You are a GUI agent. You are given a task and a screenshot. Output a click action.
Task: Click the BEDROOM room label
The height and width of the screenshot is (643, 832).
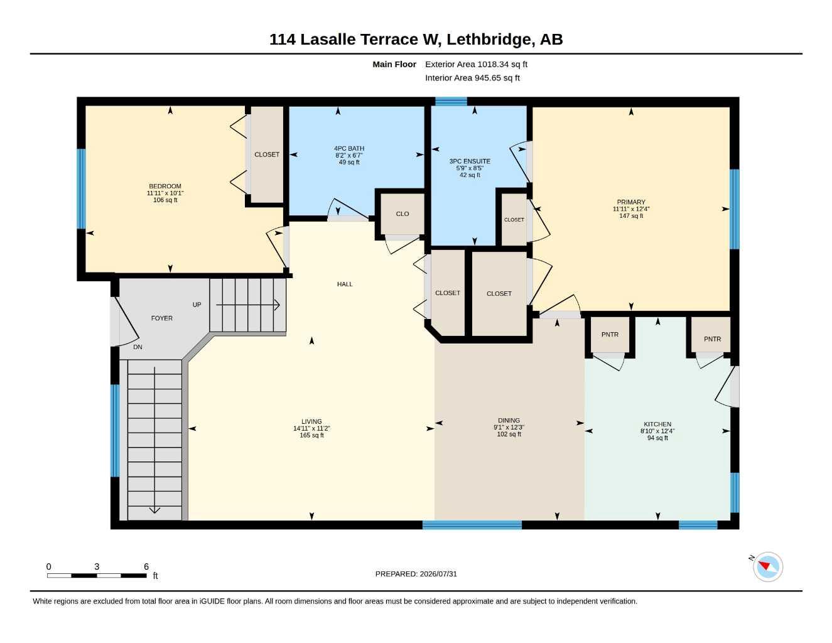(165, 186)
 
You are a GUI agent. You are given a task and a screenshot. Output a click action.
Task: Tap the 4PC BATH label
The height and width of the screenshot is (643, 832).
(348, 148)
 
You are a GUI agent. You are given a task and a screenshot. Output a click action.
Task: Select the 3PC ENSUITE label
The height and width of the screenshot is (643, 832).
(470, 161)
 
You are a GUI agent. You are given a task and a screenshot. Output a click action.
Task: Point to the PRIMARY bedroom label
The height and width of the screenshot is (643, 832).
(631, 202)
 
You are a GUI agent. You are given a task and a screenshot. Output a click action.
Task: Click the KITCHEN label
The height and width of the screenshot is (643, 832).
(657, 424)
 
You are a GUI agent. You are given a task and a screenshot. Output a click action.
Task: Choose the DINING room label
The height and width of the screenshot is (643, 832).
(509, 420)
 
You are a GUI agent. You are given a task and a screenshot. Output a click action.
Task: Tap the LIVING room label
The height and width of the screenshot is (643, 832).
(311, 421)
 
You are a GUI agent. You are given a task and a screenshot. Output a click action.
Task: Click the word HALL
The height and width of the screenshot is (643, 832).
(345, 284)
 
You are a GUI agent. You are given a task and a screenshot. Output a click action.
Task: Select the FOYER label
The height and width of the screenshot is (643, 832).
(161, 318)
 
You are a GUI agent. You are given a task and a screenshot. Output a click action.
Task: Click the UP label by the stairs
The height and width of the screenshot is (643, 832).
(197, 305)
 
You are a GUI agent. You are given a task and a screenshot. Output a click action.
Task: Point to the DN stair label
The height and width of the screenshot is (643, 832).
(138, 347)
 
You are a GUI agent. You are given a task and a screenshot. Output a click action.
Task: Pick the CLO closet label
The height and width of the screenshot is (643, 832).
(402, 214)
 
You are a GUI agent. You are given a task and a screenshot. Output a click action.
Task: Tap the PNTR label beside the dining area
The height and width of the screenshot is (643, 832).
(610, 335)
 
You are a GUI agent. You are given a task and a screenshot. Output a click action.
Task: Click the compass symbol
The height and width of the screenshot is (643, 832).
(768, 567)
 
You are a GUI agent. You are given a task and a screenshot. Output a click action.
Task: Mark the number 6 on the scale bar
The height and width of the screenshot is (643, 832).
(146, 566)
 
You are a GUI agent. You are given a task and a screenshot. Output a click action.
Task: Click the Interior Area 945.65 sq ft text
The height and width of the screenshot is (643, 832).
(472, 78)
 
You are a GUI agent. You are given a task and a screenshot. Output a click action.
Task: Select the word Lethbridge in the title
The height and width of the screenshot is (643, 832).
(490, 40)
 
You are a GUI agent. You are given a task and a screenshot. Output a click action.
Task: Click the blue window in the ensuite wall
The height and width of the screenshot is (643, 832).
(451, 102)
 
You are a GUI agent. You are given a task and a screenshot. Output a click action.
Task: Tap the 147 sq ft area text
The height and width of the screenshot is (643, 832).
(631, 216)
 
